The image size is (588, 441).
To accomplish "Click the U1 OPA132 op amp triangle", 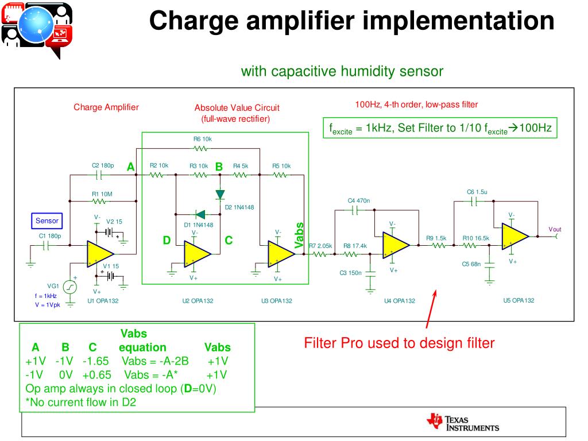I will (99, 254).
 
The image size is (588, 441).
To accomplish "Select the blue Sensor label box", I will (47, 220).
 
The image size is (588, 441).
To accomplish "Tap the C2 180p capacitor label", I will (103, 166).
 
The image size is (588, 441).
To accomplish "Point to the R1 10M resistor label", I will (102, 194).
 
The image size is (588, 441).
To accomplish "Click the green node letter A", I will (130, 167).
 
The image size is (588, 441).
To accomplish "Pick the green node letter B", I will (219, 167).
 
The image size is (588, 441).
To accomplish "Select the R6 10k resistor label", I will (203, 139).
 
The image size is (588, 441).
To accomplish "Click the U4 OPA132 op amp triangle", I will (396, 245).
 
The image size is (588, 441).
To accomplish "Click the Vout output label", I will (555, 229).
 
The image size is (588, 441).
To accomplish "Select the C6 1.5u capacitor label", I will (477, 192).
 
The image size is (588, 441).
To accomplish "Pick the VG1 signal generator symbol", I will (70, 287).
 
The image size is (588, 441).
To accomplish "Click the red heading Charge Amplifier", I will (106, 107).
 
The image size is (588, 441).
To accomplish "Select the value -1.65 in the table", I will (95, 361).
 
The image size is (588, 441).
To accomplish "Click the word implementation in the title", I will (459, 21).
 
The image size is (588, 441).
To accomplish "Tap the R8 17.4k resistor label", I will (355, 246).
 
